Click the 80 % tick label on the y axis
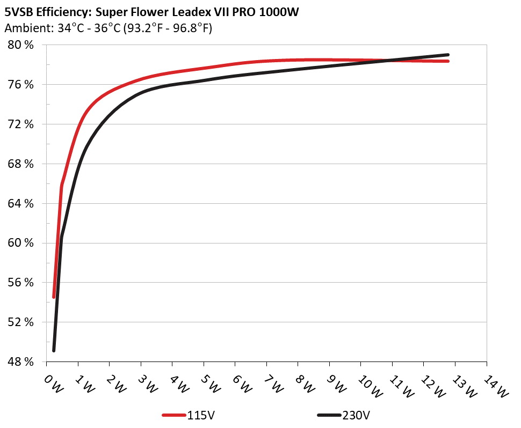click(x=20, y=45)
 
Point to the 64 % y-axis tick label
click(x=20, y=204)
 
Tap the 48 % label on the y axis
click(x=20, y=362)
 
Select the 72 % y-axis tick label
click(x=20, y=124)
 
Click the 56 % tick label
click(x=20, y=283)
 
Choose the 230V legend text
click(x=356, y=415)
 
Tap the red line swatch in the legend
click(x=174, y=415)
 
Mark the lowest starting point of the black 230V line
click(x=54, y=350)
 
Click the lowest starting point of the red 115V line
click(x=54, y=297)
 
